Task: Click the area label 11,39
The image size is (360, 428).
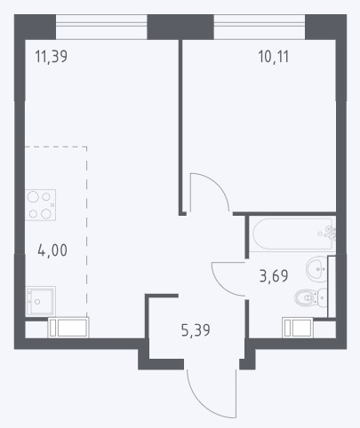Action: (52, 56)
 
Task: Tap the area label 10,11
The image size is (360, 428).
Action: (273, 56)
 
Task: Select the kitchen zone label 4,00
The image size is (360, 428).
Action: (52, 250)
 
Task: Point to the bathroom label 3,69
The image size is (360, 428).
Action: (274, 276)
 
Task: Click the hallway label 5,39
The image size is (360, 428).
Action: (196, 330)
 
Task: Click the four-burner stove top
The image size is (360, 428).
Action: (40, 205)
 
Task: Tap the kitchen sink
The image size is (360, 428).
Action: (40, 301)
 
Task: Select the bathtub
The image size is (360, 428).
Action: (292, 234)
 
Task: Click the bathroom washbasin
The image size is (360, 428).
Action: (316, 269)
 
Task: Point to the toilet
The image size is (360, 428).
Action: (310, 297)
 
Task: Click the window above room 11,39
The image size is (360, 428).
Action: (101, 27)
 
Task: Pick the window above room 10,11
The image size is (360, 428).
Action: (260, 27)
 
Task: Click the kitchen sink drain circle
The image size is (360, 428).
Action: (37, 302)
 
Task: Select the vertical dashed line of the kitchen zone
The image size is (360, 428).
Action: (86, 232)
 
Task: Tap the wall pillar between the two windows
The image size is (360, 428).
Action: (180, 27)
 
